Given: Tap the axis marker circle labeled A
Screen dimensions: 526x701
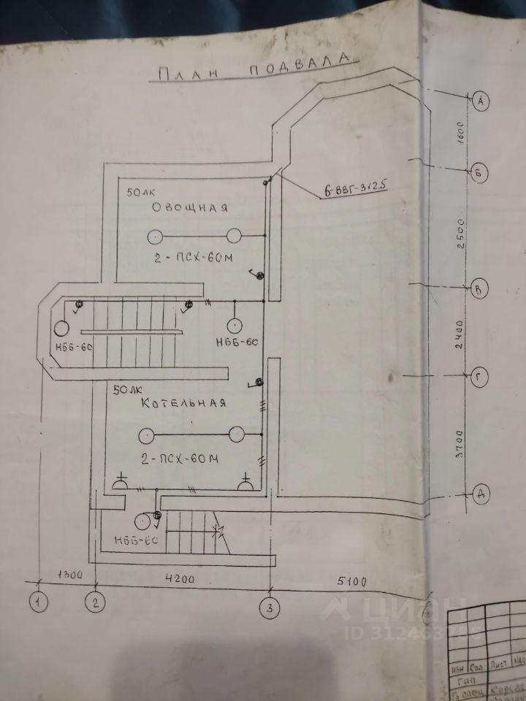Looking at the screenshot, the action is point(480,101).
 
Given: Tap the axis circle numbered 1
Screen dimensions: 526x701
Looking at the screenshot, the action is point(37,602).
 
